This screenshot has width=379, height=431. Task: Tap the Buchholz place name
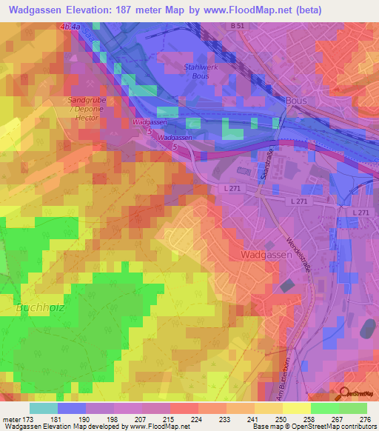(x=36, y=306)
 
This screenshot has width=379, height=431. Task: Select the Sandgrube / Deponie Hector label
(x=83, y=108)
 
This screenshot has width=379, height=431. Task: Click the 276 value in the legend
(x=364, y=419)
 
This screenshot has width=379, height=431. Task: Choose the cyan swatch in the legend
(x=44, y=408)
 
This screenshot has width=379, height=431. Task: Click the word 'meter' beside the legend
(x=12, y=419)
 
